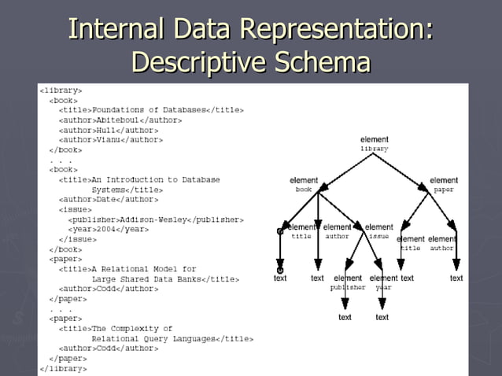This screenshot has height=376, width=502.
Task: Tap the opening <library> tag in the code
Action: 61,90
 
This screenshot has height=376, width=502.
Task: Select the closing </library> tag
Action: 63,368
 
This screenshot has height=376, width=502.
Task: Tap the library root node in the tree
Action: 375,144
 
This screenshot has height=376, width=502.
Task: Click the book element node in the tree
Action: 304,185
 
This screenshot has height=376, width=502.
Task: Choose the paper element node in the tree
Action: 444,185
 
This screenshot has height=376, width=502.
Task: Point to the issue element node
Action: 379,231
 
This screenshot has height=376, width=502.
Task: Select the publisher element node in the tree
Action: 348,282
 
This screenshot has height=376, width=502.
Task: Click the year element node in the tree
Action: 383,282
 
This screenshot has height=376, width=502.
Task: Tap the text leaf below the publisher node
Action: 345,317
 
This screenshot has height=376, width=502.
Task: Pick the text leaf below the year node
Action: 382,317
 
